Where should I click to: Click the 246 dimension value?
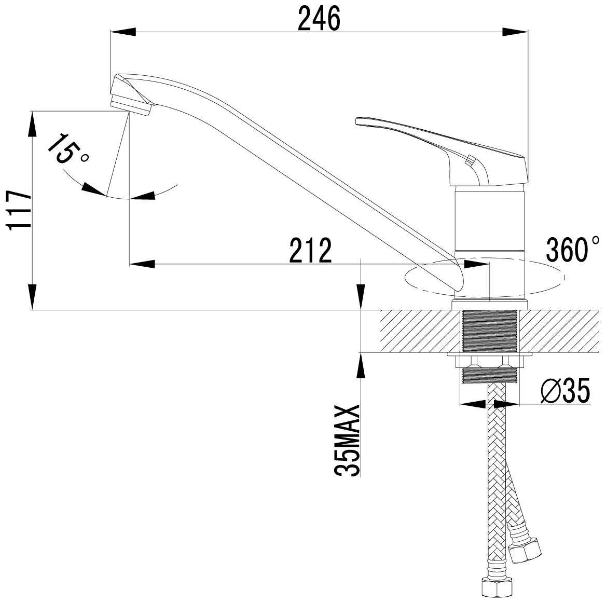(319, 18)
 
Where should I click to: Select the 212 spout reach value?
(311, 250)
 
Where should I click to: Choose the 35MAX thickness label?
(348, 440)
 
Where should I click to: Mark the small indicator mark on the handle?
(470, 160)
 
